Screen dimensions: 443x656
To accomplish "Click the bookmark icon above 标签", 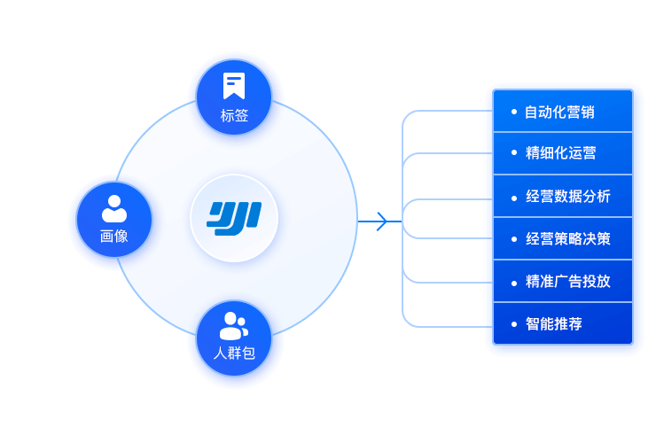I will coord(234,86).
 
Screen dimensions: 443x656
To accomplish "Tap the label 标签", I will coord(234,115).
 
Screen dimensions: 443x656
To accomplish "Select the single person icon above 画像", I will coord(114,208).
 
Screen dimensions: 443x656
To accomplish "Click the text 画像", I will coord(114,236).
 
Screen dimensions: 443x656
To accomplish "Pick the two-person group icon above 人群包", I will coord(234,325).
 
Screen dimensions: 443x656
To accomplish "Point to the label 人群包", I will coord(234,353).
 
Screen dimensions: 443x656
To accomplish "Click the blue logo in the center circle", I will coord(234,217).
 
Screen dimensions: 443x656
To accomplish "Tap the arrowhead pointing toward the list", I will coord(381,221).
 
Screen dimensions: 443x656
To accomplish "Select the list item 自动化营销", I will coord(559,112).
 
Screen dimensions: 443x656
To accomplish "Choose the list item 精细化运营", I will coord(560,152).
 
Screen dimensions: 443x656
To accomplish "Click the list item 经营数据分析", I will coord(567,196).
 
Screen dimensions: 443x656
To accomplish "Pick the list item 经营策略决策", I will coord(567,238).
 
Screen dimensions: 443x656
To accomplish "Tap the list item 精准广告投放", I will coord(567,281).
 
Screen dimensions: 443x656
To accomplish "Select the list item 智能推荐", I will coord(553,323).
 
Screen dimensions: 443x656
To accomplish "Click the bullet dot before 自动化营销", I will coord(514,112).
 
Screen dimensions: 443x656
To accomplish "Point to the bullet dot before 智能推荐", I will coord(514,323).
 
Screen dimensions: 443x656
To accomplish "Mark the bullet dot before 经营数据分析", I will coord(514,197).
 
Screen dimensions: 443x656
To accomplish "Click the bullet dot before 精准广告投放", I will coord(514,281).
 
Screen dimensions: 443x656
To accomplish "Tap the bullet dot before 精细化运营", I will coord(514,152).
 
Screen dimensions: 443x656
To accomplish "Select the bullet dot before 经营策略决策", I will coord(514,238).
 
